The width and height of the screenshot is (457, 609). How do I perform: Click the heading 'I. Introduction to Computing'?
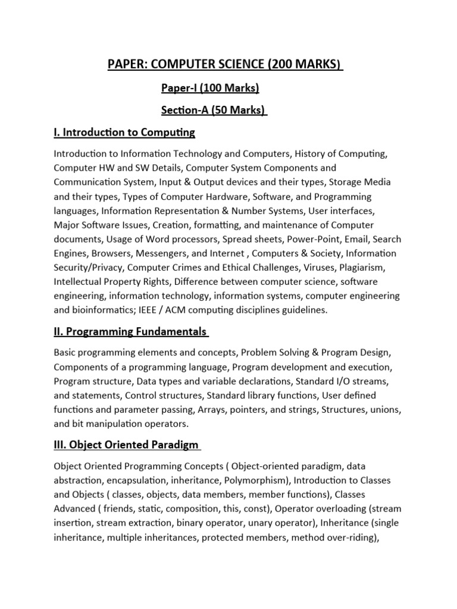[x=124, y=131]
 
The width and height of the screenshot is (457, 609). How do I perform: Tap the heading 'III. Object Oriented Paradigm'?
[x=126, y=445]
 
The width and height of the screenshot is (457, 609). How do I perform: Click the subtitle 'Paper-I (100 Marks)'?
[x=210, y=89]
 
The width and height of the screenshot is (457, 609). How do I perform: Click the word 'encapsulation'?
[x=134, y=481]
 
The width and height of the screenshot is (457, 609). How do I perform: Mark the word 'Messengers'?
[x=148, y=253]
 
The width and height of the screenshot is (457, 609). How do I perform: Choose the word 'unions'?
[x=386, y=410]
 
